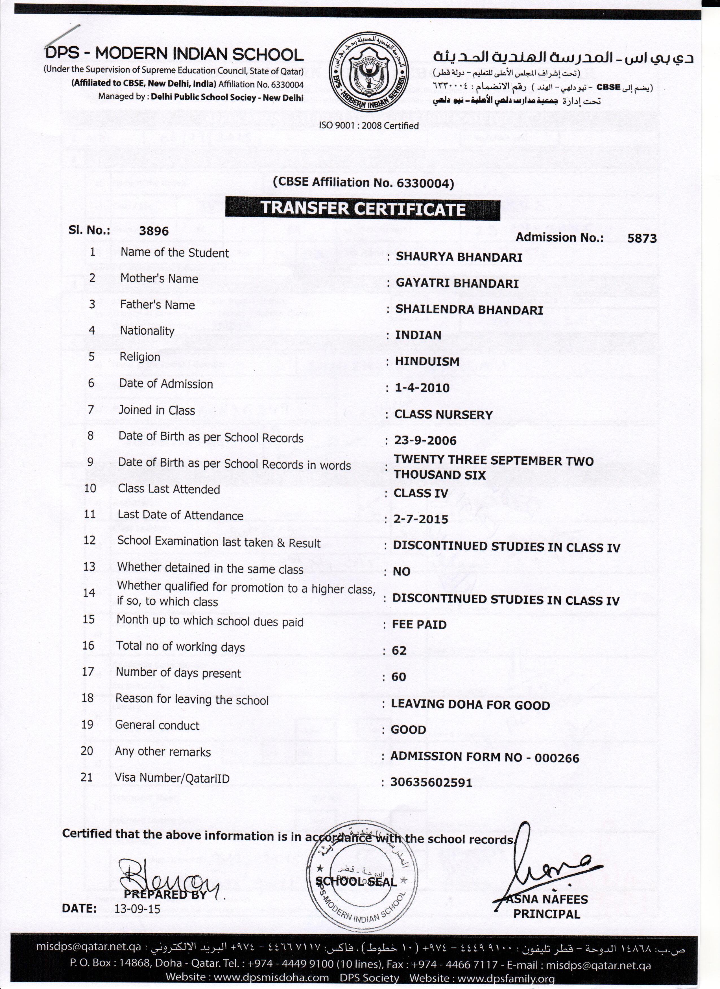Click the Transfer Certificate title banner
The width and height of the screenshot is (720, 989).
coord(363,209)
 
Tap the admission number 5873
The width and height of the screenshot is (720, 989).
coord(642,238)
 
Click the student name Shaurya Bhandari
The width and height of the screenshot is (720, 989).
coord(459,257)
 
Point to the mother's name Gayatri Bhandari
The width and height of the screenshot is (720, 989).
coord(457,283)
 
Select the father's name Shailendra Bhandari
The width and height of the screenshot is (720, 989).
coord(469,310)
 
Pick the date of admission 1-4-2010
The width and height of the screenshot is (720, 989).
coord(422,388)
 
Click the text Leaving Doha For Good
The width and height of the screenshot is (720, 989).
coord(470,705)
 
